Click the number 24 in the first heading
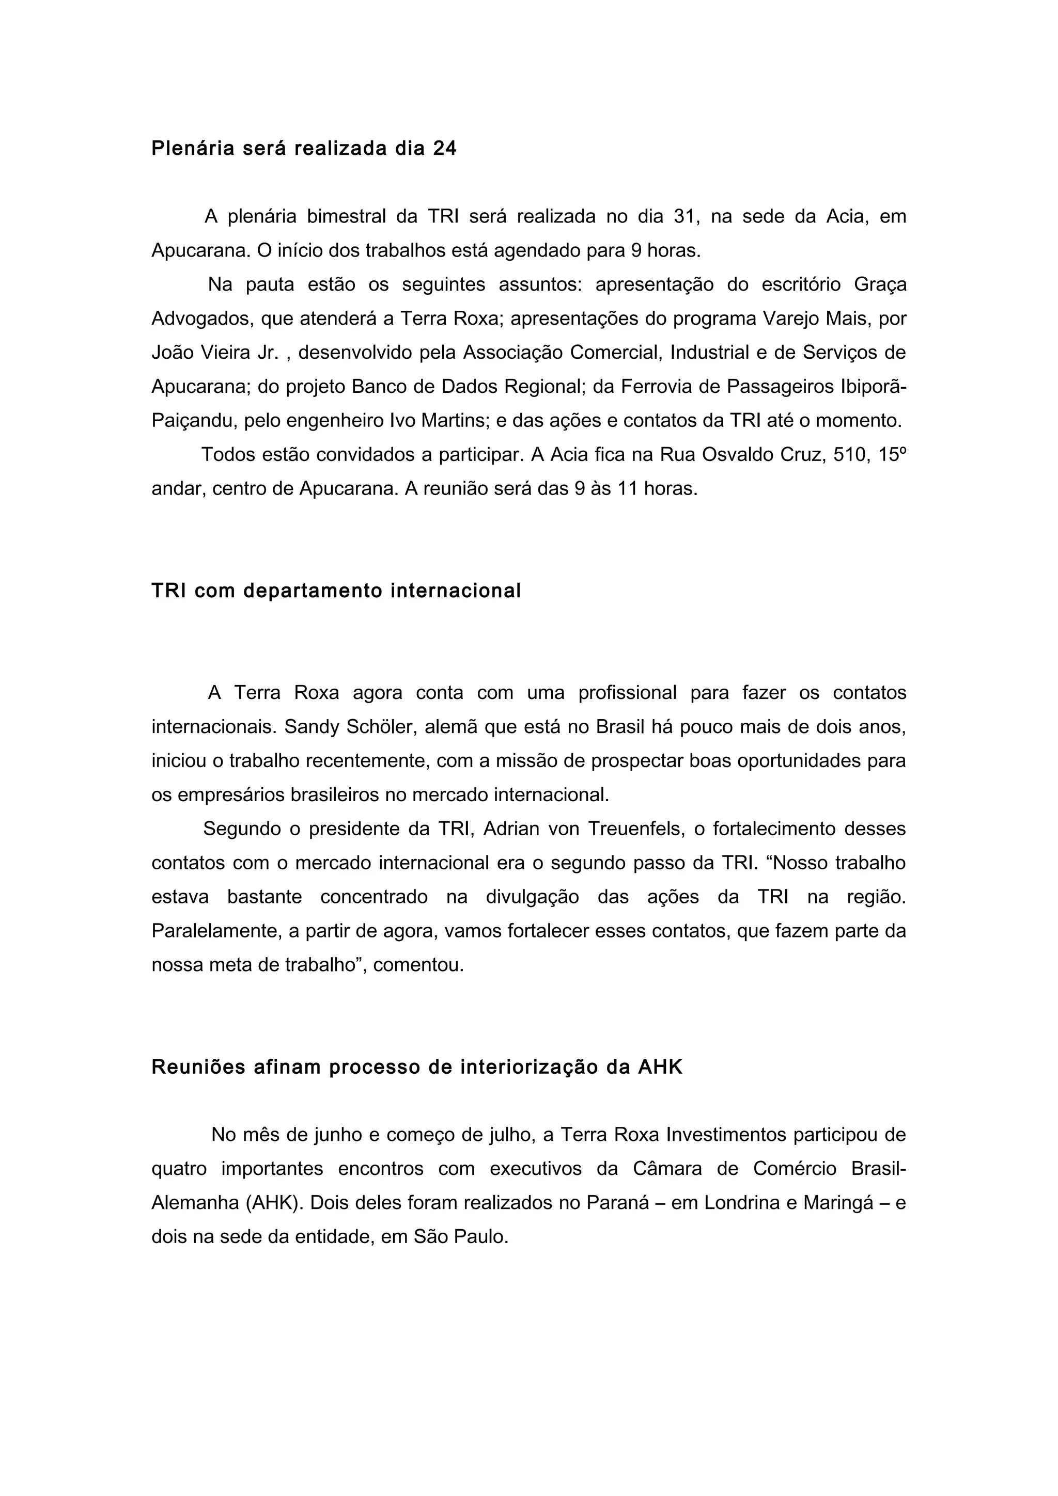pyautogui.click(x=445, y=149)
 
